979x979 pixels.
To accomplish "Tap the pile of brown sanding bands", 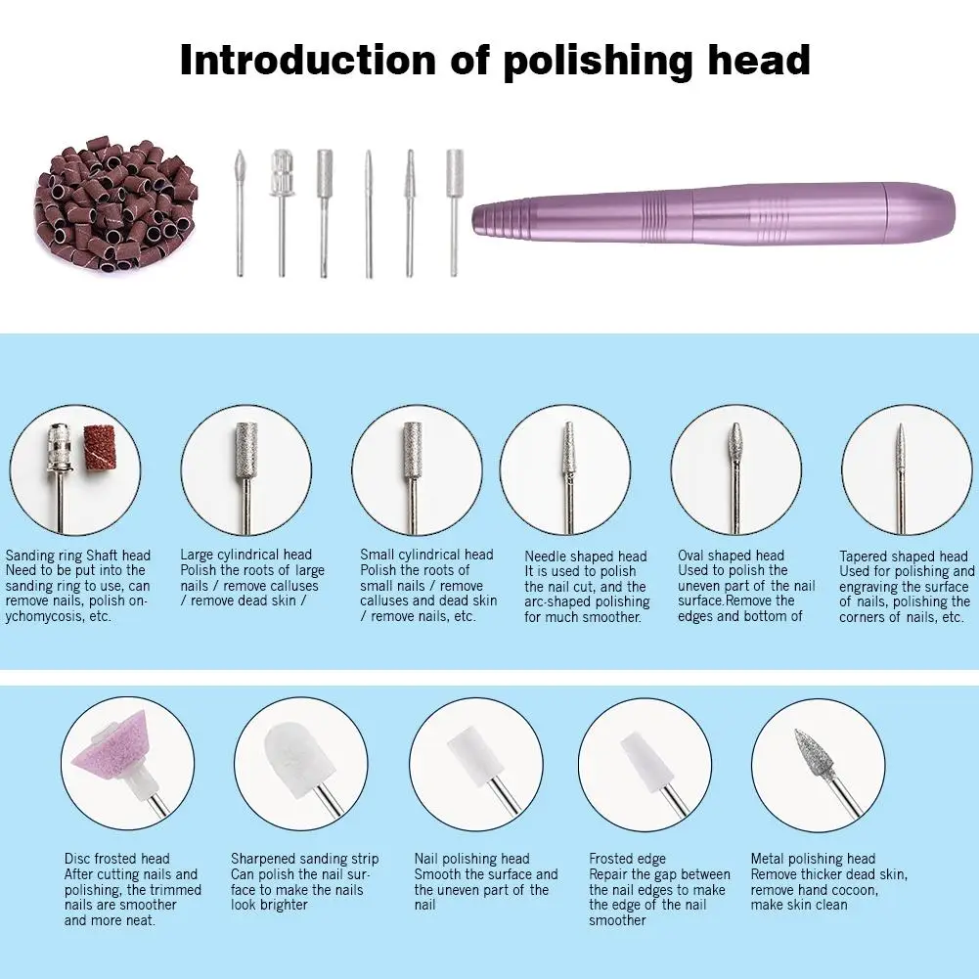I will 115,206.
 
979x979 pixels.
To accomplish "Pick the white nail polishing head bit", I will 475,758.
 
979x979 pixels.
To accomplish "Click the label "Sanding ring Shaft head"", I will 78,556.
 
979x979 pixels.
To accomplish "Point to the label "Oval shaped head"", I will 731,556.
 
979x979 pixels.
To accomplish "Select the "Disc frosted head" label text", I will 117,859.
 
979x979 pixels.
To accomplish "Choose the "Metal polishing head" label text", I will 813,859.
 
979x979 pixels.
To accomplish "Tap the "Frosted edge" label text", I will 627,859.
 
